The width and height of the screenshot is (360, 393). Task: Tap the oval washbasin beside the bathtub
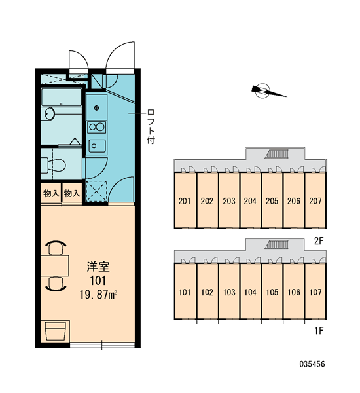tap(49, 114)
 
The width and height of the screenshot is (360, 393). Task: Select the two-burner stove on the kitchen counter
tap(96, 127)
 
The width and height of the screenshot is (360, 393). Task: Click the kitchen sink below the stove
tap(97, 146)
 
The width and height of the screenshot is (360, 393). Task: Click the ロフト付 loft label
tap(151, 126)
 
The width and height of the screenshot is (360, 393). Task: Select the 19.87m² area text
tap(98, 295)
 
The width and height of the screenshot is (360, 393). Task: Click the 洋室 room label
tap(98, 267)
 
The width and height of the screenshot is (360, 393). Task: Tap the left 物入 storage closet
tap(51, 193)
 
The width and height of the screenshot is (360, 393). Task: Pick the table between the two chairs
tap(54, 266)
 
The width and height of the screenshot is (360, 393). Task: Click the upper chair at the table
tap(56, 248)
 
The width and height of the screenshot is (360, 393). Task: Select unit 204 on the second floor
tap(250, 201)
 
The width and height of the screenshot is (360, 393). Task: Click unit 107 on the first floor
tap(315, 292)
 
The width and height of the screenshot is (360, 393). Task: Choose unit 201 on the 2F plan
tap(185, 201)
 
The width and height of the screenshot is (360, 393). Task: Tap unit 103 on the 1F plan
tap(229, 292)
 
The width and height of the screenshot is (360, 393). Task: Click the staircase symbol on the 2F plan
tap(277, 154)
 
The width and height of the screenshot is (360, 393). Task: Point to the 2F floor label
tap(319, 241)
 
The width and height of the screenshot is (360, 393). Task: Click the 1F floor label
tap(319, 331)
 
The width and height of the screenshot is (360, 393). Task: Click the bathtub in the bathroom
tap(62, 97)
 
